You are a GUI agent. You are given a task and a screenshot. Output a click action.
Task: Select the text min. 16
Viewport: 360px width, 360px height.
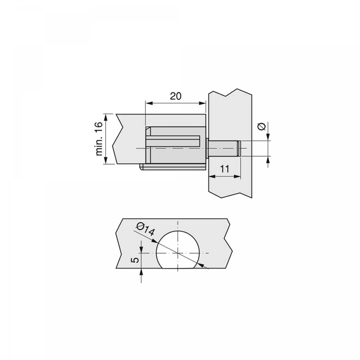coord(99,139)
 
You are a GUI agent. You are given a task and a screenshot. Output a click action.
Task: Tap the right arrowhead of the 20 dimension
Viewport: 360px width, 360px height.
coord(202,103)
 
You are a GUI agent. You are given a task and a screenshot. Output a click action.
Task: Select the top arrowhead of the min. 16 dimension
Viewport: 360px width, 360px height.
coord(106,118)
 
